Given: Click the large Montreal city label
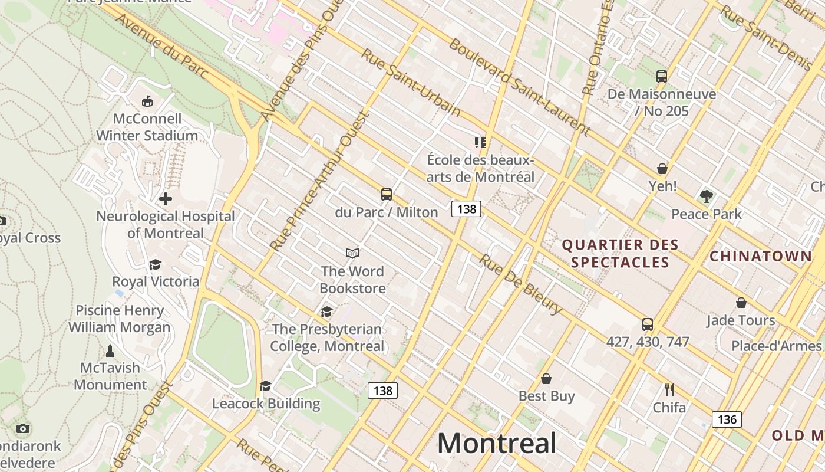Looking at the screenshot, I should [x=497, y=443].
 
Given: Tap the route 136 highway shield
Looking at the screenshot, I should [x=727, y=419].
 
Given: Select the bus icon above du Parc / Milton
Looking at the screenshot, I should [x=387, y=195].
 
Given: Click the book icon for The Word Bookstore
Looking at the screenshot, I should [x=352, y=253].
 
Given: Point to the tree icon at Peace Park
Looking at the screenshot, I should [x=707, y=196].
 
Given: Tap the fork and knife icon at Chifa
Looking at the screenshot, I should [x=669, y=390].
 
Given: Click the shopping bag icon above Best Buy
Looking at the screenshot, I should [x=546, y=379].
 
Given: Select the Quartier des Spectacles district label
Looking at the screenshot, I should [x=620, y=253].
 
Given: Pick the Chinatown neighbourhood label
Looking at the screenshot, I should [x=760, y=256].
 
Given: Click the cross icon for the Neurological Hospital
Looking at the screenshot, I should [x=166, y=199].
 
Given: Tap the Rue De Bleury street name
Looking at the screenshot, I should [x=520, y=284].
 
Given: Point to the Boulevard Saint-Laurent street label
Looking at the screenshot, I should [x=519, y=87].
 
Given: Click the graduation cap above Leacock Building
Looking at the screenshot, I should [x=266, y=386].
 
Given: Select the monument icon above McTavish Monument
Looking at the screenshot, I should [x=110, y=351].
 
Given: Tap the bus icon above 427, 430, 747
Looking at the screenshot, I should [x=648, y=324].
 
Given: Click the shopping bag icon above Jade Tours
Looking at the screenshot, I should [x=741, y=303].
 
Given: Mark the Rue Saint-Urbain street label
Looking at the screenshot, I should [x=410, y=82].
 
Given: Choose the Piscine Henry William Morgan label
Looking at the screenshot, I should [x=119, y=319].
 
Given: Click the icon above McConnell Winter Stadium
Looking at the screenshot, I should [x=147, y=101].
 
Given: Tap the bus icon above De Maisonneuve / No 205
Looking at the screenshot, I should [x=662, y=76].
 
